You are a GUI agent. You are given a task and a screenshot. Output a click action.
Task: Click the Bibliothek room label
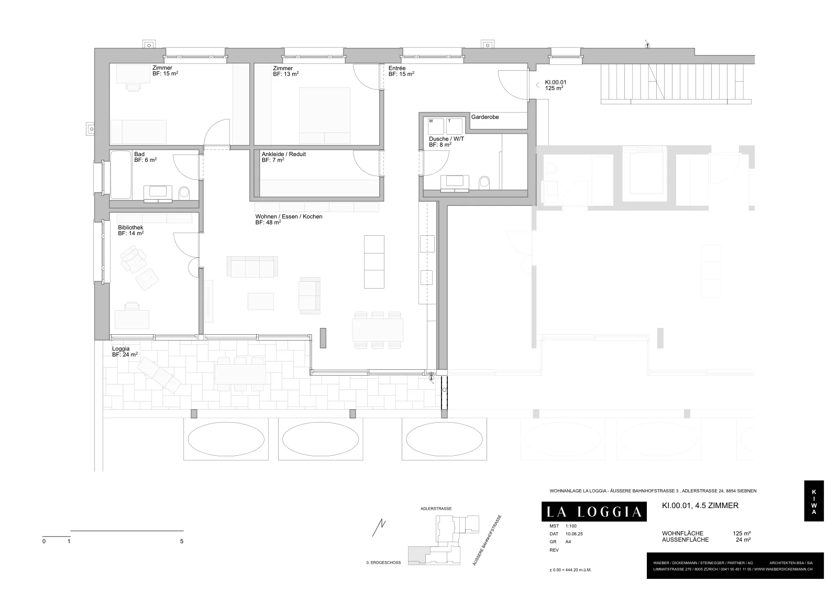[x=130, y=227]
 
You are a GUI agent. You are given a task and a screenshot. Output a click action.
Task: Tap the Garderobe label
[x=485, y=117]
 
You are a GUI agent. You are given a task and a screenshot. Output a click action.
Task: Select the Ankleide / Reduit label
[x=283, y=154]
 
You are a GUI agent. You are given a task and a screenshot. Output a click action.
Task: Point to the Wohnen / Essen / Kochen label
[x=289, y=217]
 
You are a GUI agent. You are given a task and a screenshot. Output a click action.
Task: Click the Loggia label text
[x=121, y=349]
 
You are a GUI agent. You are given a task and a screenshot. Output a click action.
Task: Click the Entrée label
[x=397, y=68]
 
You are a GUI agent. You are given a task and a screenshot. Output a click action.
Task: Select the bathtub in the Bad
[x=121, y=175]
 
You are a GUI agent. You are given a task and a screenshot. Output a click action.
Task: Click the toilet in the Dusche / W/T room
[x=484, y=183]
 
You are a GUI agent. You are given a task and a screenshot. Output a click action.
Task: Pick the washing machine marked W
[x=436, y=126]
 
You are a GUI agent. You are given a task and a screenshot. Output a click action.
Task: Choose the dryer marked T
[x=454, y=126]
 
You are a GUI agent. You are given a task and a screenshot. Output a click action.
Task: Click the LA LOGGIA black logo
[x=594, y=511]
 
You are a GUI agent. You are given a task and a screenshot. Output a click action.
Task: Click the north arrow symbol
[x=379, y=528]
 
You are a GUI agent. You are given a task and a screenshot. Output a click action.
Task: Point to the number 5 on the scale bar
[x=182, y=541]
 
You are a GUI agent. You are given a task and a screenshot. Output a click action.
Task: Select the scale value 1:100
[x=571, y=526]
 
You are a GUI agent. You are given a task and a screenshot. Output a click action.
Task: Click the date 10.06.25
[x=574, y=534]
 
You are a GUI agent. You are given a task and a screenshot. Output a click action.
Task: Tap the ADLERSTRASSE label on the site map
[x=436, y=509]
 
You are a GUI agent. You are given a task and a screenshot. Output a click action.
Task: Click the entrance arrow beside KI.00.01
[x=537, y=85]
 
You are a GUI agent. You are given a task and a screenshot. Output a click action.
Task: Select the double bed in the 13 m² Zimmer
[x=324, y=116]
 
